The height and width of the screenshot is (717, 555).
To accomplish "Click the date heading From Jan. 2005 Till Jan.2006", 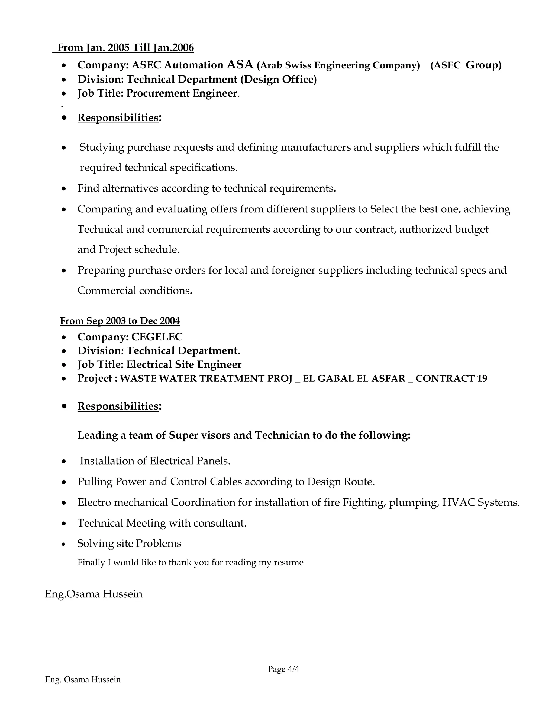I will tap(125, 48).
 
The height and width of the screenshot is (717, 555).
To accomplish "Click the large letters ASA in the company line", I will tap(240, 64).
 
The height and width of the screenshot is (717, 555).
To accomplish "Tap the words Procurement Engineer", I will tap(182, 93).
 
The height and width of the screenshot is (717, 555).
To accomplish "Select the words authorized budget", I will tap(444, 229).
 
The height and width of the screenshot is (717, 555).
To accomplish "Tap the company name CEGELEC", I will tap(157, 337).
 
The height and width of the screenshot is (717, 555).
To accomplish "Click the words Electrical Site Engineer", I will tap(184, 364).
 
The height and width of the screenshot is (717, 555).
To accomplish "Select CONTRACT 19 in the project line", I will tap(451, 379).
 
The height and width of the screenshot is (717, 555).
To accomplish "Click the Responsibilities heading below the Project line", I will tap(118, 406).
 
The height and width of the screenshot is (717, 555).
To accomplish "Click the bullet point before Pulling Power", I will tap(64, 482).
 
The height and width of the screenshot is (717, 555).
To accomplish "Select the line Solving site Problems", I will tap(129, 543).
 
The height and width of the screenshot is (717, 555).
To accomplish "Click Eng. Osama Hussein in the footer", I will tap(83, 680).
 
